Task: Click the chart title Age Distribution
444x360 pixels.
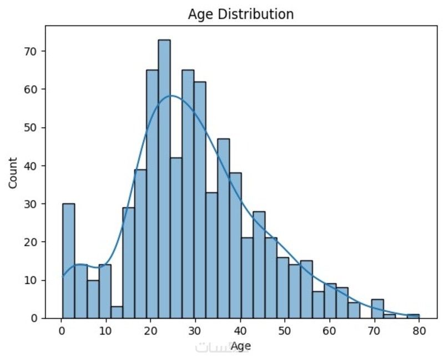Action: (240, 14)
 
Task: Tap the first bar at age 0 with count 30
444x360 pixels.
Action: (68, 261)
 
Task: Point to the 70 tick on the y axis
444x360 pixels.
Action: (44, 51)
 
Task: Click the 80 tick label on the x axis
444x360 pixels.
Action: (419, 332)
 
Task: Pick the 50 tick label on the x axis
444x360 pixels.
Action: (285, 332)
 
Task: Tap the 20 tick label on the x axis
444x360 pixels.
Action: (151, 332)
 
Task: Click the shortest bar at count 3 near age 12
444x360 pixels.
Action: (116, 312)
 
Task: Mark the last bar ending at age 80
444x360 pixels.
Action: (413, 316)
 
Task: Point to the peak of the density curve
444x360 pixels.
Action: (171, 96)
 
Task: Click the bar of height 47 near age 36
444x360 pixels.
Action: (223, 228)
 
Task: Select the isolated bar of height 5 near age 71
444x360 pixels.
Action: (377, 309)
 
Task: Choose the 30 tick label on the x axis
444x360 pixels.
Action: (195, 332)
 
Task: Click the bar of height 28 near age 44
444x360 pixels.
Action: (259, 264)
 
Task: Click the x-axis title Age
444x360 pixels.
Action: (240, 346)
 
